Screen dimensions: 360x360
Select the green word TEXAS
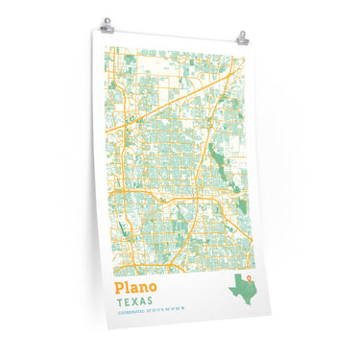pos(134,300)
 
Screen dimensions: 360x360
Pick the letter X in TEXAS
pos(137,300)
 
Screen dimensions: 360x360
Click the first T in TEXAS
pos(119,300)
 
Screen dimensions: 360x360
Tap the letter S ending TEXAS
pos(150,301)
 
